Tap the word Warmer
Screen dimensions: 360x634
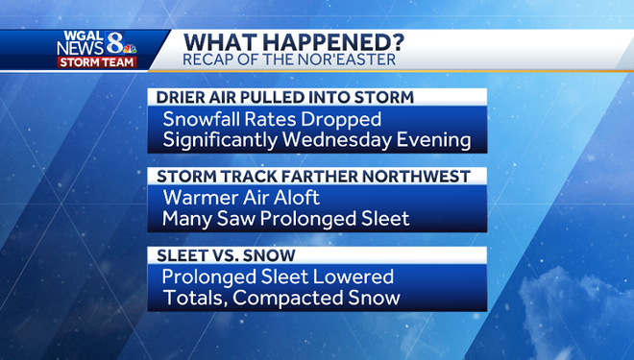point(198,199)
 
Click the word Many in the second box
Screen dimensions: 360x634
point(184,218)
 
